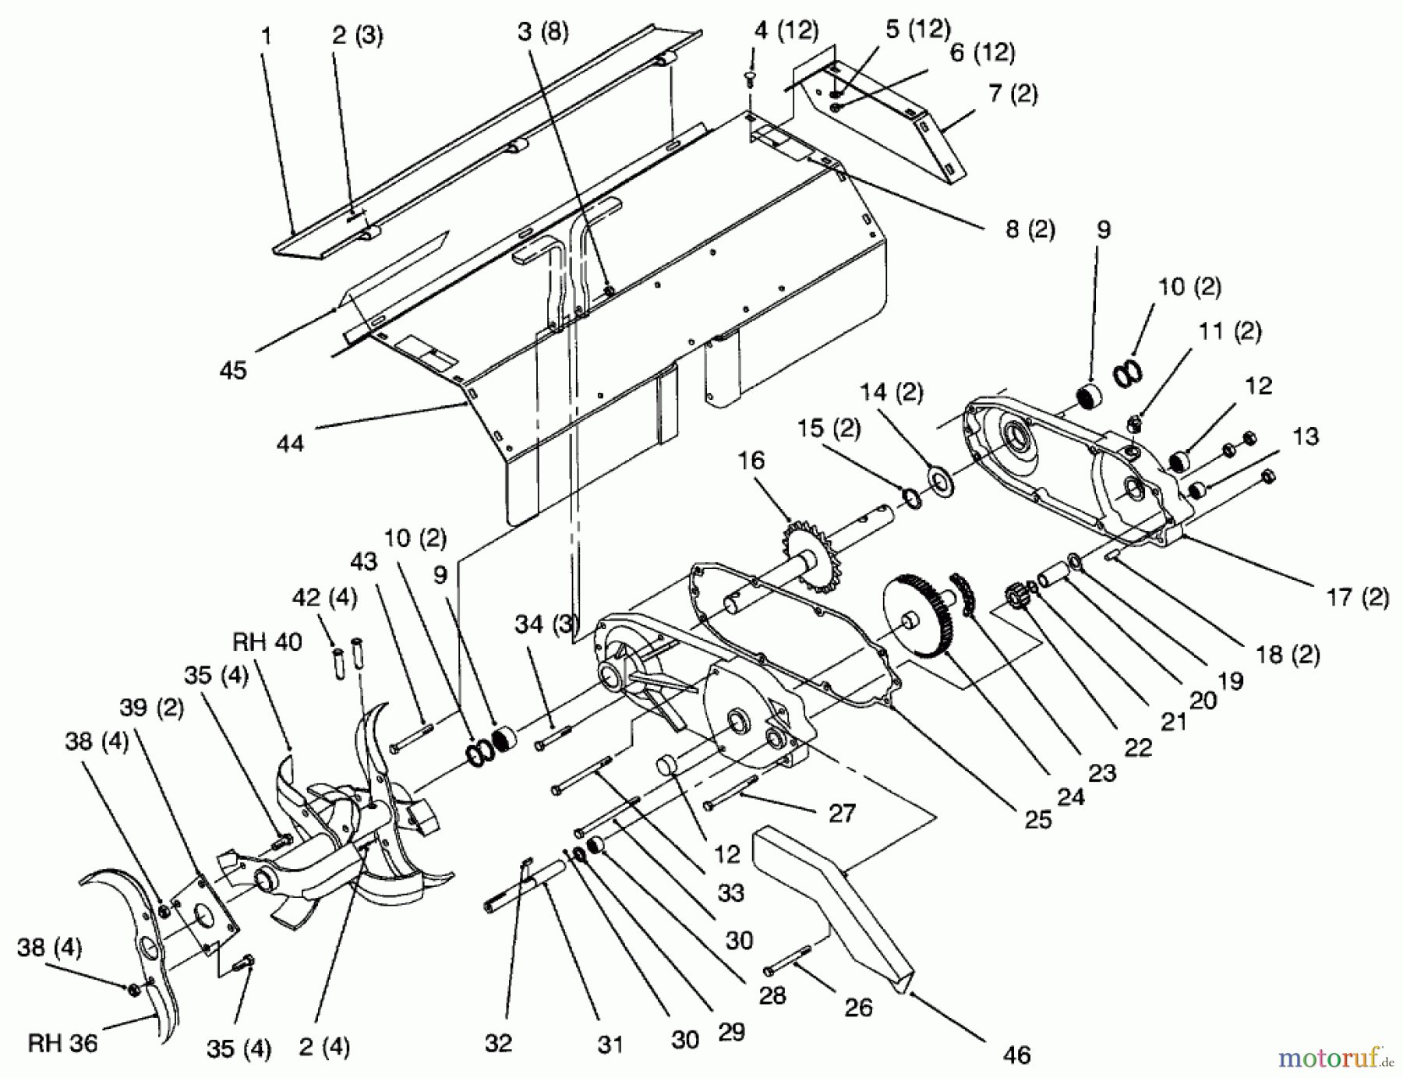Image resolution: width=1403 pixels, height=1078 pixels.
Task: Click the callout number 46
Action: (x=1016, y=1055)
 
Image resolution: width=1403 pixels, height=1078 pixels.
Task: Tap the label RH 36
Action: (x=62, y=1042)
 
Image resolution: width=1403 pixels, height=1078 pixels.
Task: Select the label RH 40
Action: (x=267, y=641)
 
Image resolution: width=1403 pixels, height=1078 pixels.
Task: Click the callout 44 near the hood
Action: (x=290, y=444)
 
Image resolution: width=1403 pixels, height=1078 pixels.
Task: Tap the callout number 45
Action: (x=233, y=369)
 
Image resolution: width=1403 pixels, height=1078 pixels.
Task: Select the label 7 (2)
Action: (x=1012, y=94)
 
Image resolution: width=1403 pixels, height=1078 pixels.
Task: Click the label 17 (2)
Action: (x=1357, y=598)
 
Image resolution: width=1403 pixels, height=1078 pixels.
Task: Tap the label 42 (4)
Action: (x=324, y=598)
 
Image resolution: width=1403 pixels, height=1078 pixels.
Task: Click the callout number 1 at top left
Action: (x=267, y=36)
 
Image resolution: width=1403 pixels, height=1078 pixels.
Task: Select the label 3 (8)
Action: (x=542, y=32)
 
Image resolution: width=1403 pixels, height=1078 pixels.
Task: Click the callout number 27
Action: (x=842, y=813)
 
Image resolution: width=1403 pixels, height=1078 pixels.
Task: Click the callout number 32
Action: (x=498, y=1042)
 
